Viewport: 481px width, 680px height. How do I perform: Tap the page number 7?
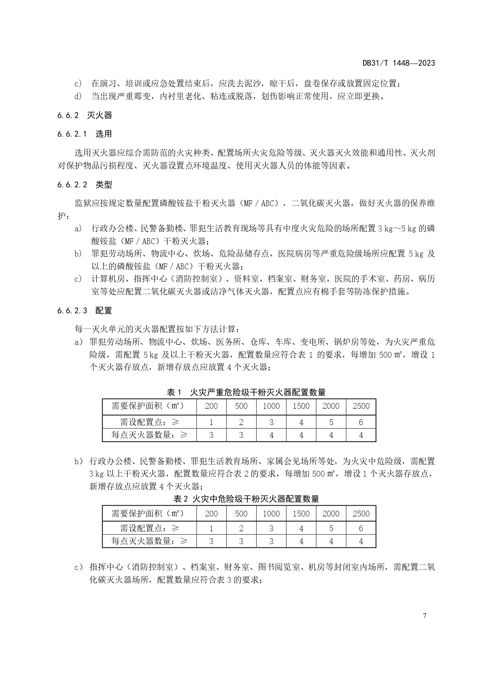click(x=425, y=616)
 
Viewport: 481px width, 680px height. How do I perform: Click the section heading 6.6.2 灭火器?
click(x=84, y=115)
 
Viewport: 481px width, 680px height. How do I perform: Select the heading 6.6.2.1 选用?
click(x=84, y=134)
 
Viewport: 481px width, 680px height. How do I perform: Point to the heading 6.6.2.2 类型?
click(x=84, y=185)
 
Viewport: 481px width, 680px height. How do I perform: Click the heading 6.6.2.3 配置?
click(x=84, y=311)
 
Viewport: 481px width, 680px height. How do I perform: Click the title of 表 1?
click(x=246, y=392)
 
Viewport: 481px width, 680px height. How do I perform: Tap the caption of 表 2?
click(x=246, y=499)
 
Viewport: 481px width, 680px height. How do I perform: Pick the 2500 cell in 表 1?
click(x=361, y=406)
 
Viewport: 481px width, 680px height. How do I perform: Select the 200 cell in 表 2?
click(x=211, y=514)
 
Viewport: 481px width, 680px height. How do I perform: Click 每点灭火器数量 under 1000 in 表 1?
click(x=271, y=435)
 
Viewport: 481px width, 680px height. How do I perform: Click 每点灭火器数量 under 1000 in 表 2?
click(x=271, y=541)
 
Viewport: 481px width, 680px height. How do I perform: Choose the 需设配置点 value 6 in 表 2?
click(x=361, y=529)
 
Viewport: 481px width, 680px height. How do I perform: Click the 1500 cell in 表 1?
click(x=301, y=406)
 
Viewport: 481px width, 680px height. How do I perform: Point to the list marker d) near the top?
click(x=78, y=96)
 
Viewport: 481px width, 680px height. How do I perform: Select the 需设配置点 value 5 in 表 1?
click(x=331, y=422)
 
